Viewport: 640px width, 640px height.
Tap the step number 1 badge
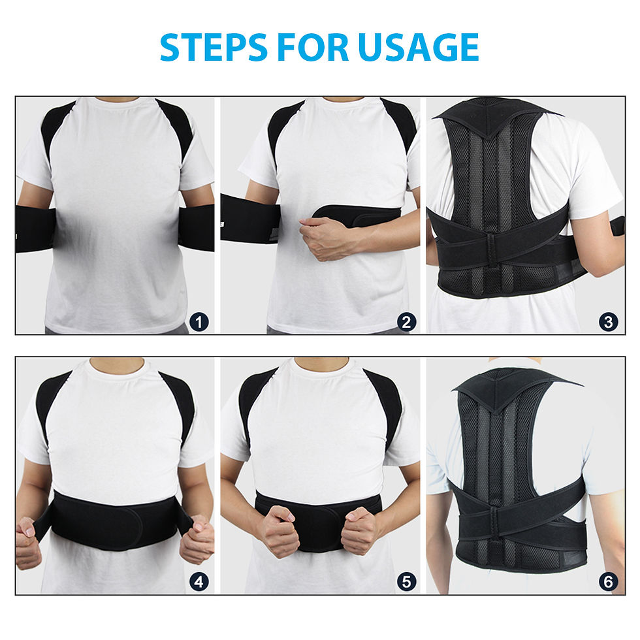(x=199, y=321)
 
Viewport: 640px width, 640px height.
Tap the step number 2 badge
(x=406, y=321)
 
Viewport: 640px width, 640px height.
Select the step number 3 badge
(x=608, y=321)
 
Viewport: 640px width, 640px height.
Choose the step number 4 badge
(x=199, y=581)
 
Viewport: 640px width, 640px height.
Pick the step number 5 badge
(x=406, y=581)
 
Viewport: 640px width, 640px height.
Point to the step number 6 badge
(x=608, y=581)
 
